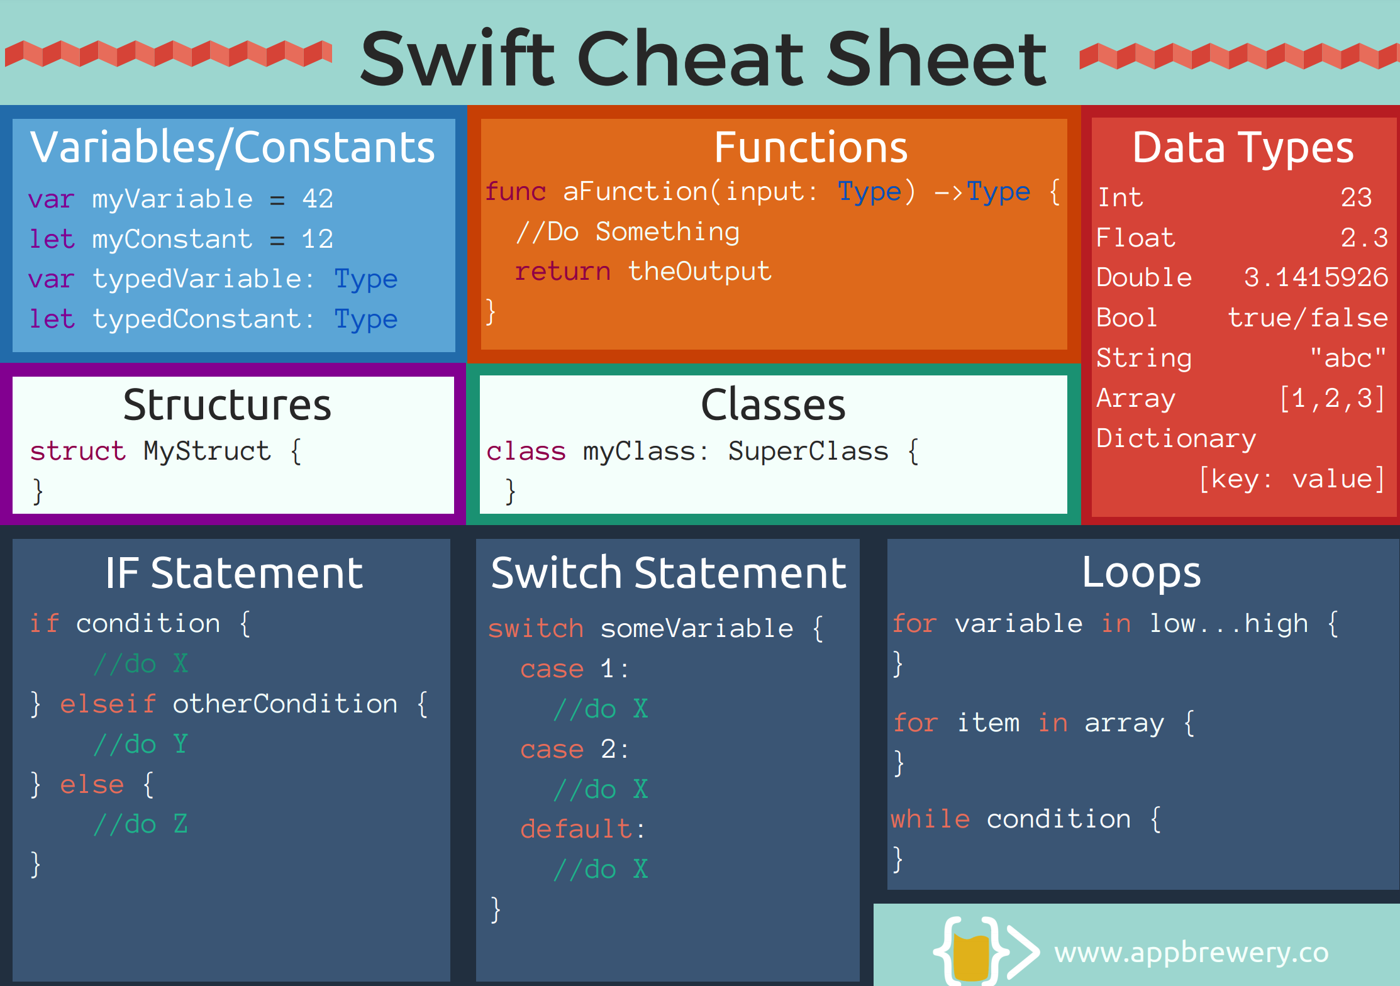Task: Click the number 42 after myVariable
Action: (318, 199)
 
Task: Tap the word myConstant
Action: (172, 239)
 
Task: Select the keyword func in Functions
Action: (515, 191)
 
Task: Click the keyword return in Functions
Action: (563, 271)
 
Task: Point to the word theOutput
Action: (699, 271)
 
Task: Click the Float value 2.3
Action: (1364, 238)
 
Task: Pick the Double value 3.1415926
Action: (1316, 277)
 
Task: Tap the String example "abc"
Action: (1348, 357)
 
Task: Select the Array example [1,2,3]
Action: (1332, 398)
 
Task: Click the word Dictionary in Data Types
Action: (1176, 438)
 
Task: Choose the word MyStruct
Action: (207, 451)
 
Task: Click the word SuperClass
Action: (808, 451)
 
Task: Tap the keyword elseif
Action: (108, 704)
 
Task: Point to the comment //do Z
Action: (140, 824)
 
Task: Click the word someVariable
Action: (697, 628)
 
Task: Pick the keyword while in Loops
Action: (930, 819)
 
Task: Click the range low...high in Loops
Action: (1229, 623)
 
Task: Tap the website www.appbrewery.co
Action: (1192, 953)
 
